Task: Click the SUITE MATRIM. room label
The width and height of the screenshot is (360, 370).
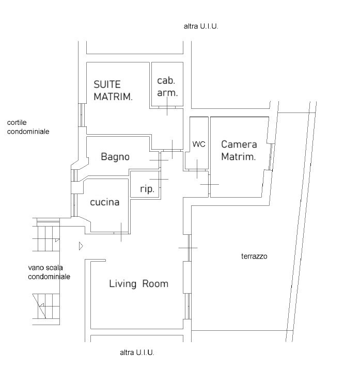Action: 113,91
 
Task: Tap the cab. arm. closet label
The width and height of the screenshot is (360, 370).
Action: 167,87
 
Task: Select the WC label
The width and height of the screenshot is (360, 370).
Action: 199,144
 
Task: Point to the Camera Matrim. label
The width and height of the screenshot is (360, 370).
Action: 239,150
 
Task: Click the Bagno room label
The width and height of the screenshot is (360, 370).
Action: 115,157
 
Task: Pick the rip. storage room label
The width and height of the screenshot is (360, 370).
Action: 147,189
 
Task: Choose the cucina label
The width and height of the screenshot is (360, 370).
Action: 105,202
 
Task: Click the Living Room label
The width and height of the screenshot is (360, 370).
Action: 138,284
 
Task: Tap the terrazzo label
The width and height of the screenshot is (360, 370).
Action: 254,256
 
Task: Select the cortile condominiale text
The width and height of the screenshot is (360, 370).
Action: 28,127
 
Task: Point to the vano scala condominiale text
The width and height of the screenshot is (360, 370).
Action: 49,272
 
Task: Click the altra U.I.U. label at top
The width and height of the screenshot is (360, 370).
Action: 201,26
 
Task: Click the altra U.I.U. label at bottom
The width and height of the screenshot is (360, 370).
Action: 137,352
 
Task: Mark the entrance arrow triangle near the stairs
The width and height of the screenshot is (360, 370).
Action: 81,246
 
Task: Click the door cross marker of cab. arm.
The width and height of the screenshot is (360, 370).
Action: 167,107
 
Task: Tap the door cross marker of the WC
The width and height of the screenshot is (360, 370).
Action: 197,169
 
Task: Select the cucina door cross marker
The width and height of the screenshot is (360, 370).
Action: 121,233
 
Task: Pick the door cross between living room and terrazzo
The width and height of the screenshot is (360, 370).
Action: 189,248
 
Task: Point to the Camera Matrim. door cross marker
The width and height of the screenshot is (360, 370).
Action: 210,184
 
